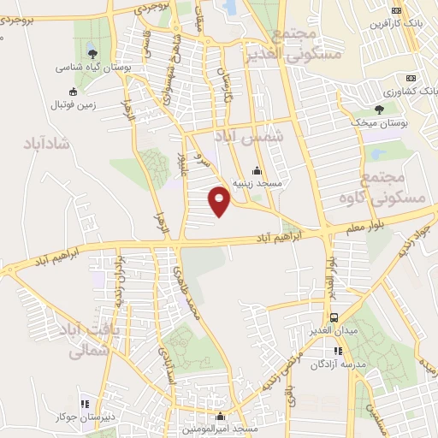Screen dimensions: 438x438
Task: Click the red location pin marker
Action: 220,200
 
